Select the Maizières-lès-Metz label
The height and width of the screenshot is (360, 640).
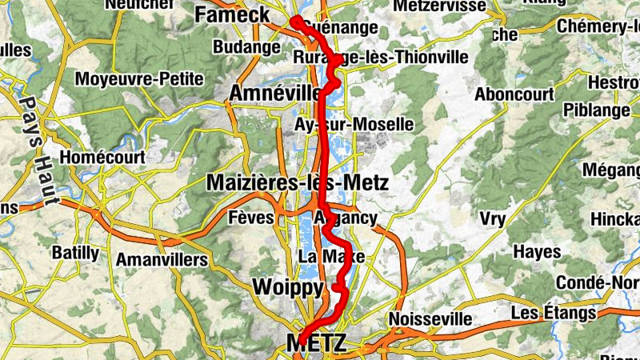coord(298,182)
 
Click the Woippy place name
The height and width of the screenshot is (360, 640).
coord(287,287)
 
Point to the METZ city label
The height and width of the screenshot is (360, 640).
coord(317,344)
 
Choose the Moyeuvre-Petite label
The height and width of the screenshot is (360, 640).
coord(139,79)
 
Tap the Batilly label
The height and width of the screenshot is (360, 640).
coord(75,254)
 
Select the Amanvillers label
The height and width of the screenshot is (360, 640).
coord(162,259)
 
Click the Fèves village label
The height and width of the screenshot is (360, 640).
coord(251,218)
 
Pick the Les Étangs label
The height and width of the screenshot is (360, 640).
coord(554,312)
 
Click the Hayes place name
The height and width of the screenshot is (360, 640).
coord(537,252)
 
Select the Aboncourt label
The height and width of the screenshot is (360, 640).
coord(514,94)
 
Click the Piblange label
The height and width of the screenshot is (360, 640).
coord(596,109)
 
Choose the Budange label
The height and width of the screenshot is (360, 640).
coord(241,46)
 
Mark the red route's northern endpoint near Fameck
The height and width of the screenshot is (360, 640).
coord(295,21)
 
